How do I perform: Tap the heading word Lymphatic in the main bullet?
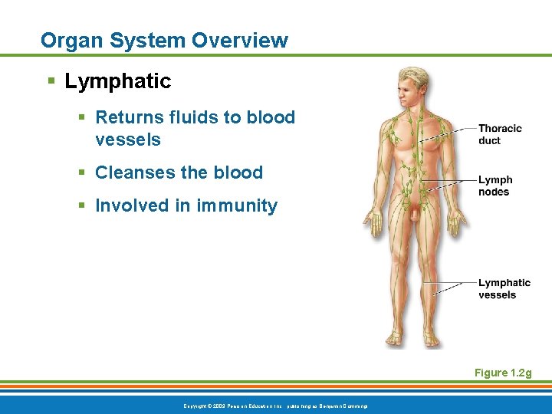pos(118,81)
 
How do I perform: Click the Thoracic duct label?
pos(499,134)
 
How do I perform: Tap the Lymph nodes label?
pos(495,186)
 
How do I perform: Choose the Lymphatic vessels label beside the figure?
pos(504,289)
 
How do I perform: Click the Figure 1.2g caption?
pos(502,373)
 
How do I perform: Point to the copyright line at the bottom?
pos(274,404)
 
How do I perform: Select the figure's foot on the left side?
pos(395,337)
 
